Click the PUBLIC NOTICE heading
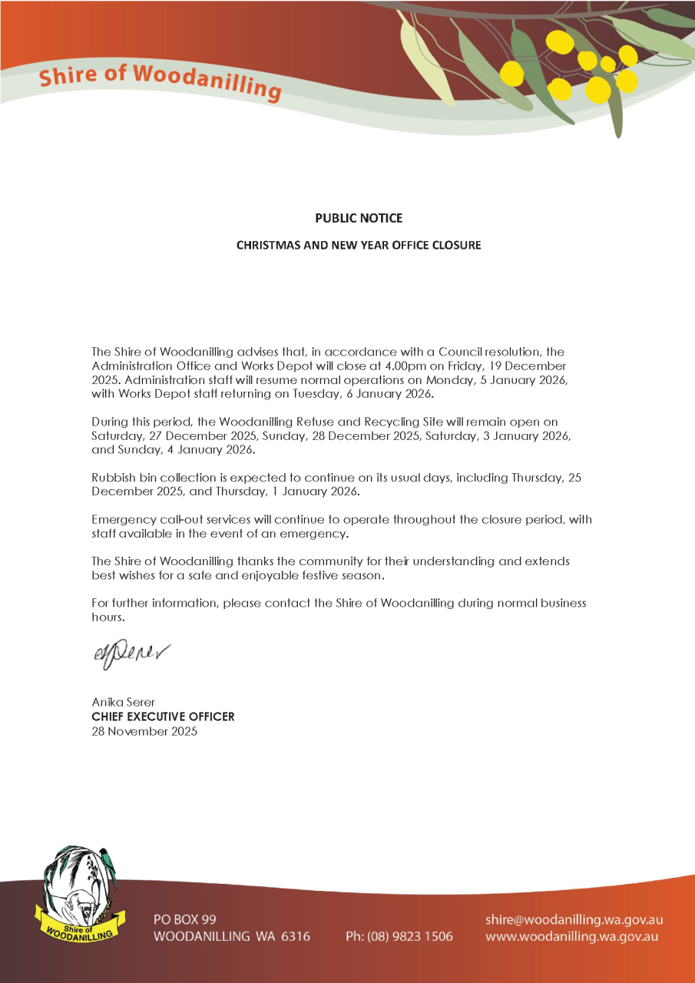pyautogui.click(x=358, y=218)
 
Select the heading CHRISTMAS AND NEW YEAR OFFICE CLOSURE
pyautogui.click(x=358, y=246)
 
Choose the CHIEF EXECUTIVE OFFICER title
pyautogui.click(x=163, y=717)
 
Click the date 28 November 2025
pyautogui.click(x=144, y=731)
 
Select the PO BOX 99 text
pyautogui.click(x=185, y=919)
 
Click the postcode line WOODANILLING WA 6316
pyautogui.click(x=232, y=936)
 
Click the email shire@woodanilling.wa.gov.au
pyautogui.click(x=574, y=919)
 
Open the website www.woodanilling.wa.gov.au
pyautogui.click(x=572, y=936)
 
